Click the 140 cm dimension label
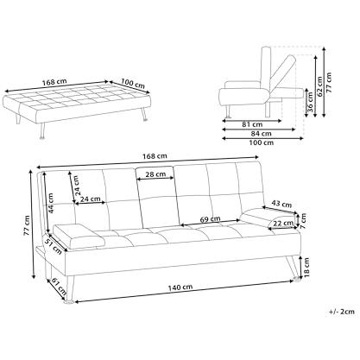(180, 287)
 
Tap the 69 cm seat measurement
(210, 219)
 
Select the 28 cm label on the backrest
(155, 174)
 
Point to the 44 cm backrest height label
(51, 203)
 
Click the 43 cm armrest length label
(281, 204)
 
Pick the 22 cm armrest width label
(283, 223)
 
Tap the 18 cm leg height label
(306, 268)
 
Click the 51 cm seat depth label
(53, 245)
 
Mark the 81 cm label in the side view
(252, 124)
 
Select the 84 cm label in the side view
(261, 134)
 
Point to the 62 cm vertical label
(319, 87)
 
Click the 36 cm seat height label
(311, 102)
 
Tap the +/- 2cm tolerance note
(342, 312)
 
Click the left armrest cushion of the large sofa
(77, 235)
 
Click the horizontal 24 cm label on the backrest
(90, 199)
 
